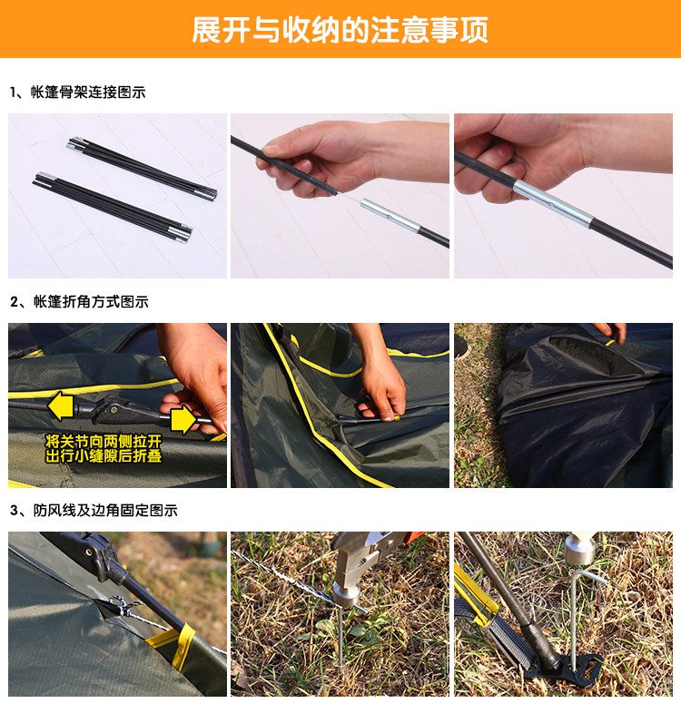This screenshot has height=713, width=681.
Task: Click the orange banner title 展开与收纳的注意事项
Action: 340,30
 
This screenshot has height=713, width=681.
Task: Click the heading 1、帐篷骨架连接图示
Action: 78,93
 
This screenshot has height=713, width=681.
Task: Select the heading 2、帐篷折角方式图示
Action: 79,301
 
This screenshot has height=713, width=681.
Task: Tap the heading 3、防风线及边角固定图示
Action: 94,510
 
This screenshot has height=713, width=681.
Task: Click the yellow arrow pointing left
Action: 61,406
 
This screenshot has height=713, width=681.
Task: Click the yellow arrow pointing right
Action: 183,419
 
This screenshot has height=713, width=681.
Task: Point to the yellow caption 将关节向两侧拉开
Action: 104,441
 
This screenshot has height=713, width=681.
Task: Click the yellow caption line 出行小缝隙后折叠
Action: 104,455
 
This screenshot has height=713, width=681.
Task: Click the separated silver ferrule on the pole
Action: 390,216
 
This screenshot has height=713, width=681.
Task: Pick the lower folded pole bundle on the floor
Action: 113,207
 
